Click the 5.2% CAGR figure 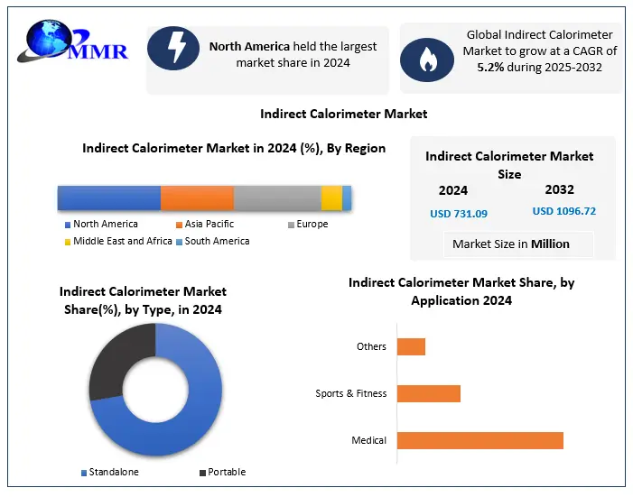[x=491, y=66]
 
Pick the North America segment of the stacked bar [x=109, y=198]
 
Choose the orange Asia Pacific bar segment [x=197, y=198]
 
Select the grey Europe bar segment [x=277, y=198]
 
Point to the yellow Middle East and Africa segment [x=331, y=198]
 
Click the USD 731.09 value [x=458, y=214]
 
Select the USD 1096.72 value [x=564, y=211]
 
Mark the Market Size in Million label [x=511, y=244]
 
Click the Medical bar [x=479, y=440]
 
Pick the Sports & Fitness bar [x=429, y=393]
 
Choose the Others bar [x=411, y=346]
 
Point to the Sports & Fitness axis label [x=350, y=393]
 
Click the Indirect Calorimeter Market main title [x=343, y=114]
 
